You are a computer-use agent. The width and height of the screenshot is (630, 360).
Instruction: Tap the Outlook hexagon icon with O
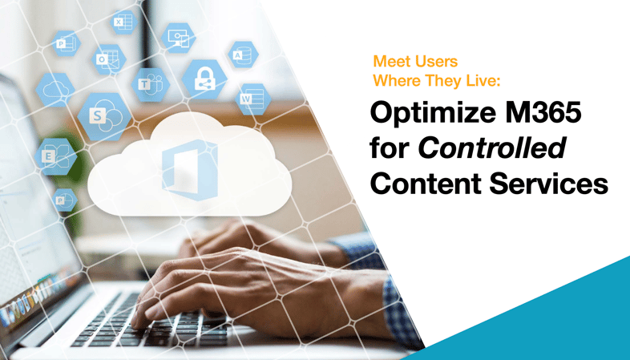(x=107, y=59)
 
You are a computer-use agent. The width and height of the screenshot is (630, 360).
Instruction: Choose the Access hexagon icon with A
(x=242, y=55)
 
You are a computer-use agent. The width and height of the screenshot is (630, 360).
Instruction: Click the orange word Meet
(x=392, y=62)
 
